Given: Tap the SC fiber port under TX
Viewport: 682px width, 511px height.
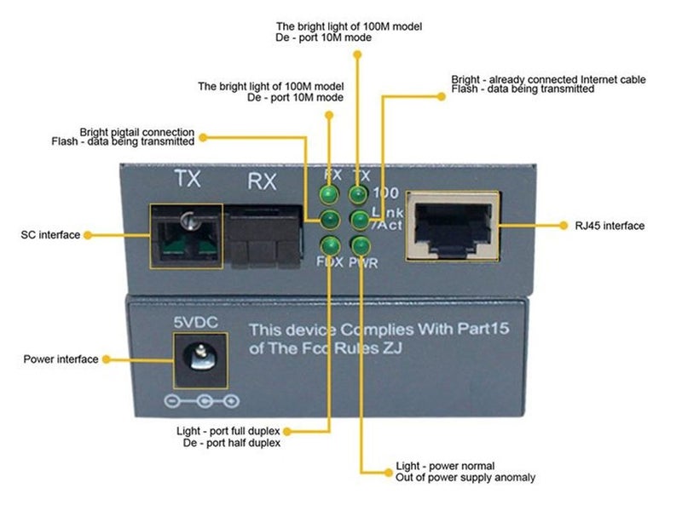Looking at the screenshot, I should coord(186,236).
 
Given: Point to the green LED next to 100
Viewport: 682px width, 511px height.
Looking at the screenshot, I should coord(358,195).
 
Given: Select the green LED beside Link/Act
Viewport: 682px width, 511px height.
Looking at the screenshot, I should coord(358,221).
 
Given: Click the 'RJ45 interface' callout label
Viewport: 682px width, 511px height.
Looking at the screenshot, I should coord(609,226).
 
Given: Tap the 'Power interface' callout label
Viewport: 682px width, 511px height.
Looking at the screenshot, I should coord(61,359).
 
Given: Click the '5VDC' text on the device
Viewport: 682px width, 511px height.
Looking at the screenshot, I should coord(197,323).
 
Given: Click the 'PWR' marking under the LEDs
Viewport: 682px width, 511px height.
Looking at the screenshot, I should coord(363,263).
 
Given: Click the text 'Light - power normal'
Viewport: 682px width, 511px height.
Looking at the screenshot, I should coord(445,467).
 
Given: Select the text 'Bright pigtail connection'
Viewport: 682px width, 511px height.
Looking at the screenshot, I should coord(137,133).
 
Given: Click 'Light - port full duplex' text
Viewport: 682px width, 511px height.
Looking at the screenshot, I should coord(231,431).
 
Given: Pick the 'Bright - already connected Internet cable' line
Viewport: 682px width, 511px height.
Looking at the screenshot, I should coord(548,79).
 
